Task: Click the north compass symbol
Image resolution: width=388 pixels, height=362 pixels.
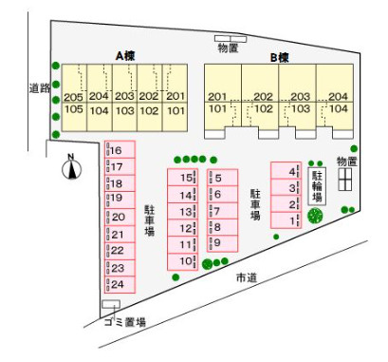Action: coord(71,169)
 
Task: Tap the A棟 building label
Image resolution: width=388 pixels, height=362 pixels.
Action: coord(125,56)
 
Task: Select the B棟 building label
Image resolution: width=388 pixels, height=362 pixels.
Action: coord(280,58)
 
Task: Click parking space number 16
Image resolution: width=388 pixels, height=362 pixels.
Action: coord(120,149)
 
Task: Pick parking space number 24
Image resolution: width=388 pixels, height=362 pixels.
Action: coord(120,285)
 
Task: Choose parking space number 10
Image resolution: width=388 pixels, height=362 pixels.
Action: coord(182,262)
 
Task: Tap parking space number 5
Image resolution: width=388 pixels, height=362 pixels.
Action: coord(222,178)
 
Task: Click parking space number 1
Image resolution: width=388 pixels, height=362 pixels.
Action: coord(286,220)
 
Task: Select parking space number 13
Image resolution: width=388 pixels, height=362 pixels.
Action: coord(182,211)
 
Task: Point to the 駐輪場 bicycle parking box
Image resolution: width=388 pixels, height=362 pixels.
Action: coord(317,186)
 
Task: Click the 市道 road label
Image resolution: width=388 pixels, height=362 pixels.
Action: coord(247,277)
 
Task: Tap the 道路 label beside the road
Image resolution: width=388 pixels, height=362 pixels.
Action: coord(40,88)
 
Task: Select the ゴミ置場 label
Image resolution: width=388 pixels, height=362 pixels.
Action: coord(125,322)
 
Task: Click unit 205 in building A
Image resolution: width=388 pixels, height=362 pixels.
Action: coord(74,97)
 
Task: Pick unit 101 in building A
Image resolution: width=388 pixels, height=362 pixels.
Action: coord(176,110)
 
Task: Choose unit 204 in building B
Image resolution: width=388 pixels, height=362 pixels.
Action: coord(339,96)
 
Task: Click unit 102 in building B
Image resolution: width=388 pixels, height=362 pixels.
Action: coord(264,108)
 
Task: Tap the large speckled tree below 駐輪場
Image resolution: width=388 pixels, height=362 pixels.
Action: coord(315,216)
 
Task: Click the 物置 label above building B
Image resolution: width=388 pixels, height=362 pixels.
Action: coord(228,48)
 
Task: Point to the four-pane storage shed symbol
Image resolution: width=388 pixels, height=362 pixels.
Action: coord(345,180)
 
